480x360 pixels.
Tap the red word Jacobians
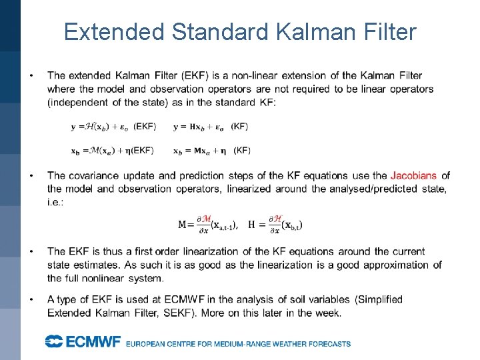pyautogui.click(x=413, y=176)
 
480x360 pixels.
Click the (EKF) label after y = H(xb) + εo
pyautogui.click(x=145, y=126)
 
